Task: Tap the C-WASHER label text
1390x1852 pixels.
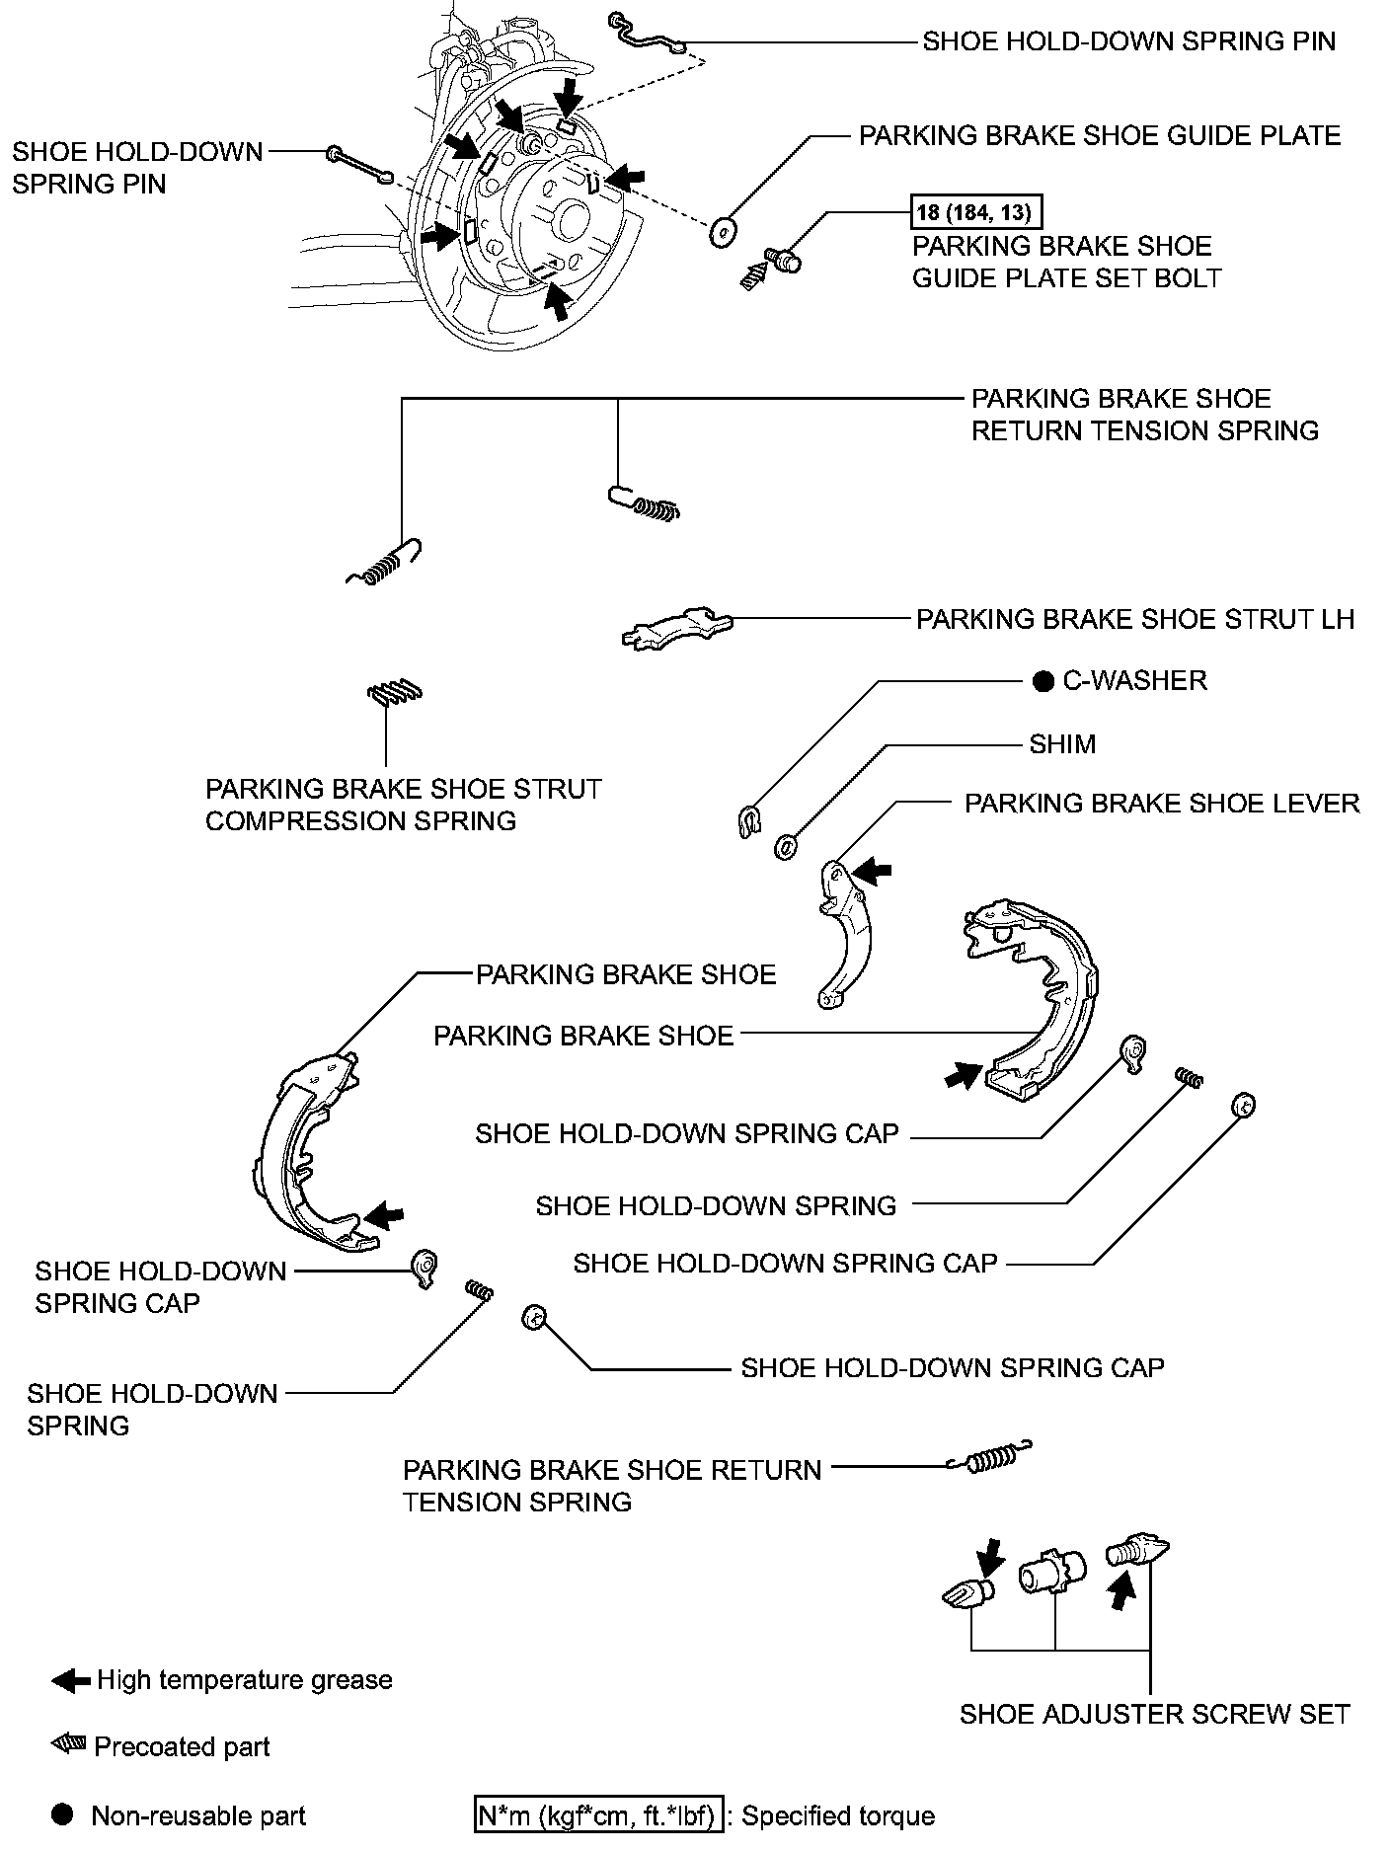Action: point(1134,681)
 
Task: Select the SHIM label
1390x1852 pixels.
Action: point(1062,744)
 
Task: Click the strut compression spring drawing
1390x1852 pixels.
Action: point(395,693)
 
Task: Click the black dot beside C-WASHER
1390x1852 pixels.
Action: point(1042,681)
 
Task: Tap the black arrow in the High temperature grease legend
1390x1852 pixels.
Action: point(70,1680)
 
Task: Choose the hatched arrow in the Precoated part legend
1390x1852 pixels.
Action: point(69,1744)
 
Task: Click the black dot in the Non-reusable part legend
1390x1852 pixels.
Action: point(62,1814)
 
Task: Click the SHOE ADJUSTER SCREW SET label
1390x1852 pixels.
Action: point(1154,1714)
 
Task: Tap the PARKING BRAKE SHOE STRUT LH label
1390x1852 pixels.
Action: point(1135,619)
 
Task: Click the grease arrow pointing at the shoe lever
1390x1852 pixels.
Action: point(872,871)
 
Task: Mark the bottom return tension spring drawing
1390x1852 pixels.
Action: point(988,1458)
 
